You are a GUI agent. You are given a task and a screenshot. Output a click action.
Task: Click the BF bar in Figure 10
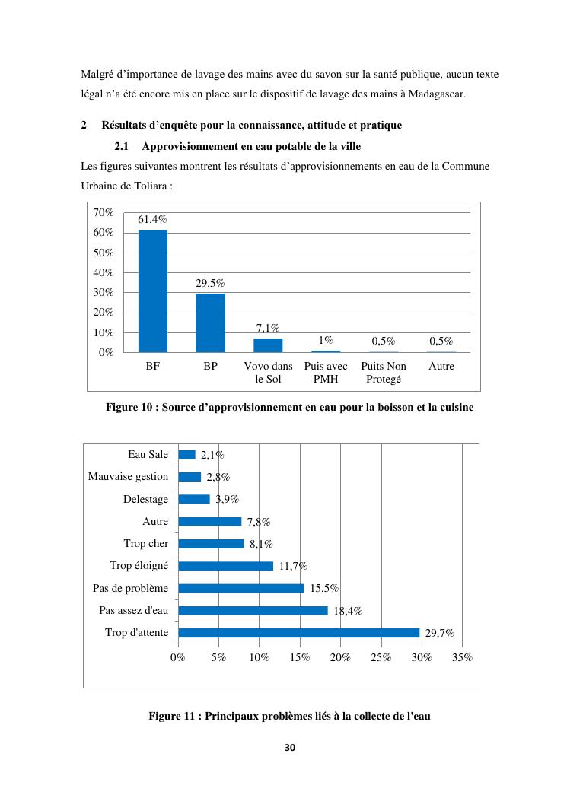pos(153,291)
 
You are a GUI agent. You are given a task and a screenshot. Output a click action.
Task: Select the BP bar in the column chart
pos(211,323)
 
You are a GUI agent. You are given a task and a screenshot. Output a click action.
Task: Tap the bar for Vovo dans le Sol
pos(268,345)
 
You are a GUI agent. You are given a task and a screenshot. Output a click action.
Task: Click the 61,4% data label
pos(152,220)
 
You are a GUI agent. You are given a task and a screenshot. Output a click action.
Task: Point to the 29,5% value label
pos(211,284)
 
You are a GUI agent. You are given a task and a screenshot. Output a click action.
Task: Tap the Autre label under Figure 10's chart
pos(441,367)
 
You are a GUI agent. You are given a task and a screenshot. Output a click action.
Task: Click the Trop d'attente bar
pos(298,633)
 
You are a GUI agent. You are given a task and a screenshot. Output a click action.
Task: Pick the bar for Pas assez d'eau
pos(253,610)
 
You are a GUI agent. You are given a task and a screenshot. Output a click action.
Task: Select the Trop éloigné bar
pos(225,566)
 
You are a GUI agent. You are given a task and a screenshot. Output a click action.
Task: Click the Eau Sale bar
pos(186,455)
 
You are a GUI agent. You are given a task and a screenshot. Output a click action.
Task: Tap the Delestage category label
pos(146,500)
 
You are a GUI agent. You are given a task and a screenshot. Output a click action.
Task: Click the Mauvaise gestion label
pos(128,477)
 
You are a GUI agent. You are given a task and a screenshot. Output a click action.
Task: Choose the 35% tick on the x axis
pos(462,657)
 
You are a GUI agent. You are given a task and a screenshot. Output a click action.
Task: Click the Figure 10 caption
pos(289,408)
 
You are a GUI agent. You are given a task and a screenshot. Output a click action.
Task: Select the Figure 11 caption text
pos(289,716)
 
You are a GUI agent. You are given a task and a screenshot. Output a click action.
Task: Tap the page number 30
pos(289,748)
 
